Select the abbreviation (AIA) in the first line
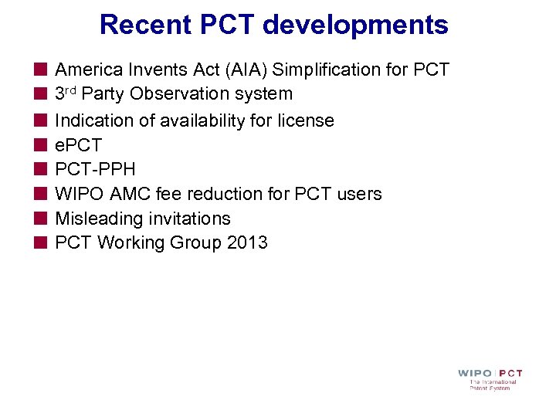(239, 69)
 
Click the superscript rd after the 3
(71, 92)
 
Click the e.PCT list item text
(78, 145)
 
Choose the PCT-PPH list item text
(95, 169)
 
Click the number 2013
(247, 242)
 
